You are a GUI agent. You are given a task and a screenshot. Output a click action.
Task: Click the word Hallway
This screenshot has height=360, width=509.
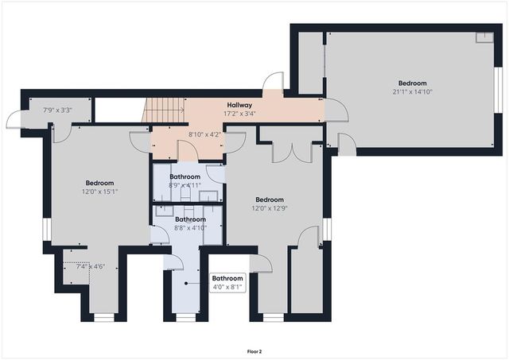click(x=239, y=105)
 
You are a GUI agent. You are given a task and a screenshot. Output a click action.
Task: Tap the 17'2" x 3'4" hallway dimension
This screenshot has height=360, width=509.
click(x=239, y=114)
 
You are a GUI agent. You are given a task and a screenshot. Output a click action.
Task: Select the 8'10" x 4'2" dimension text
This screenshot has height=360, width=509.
click(x=204, y=134)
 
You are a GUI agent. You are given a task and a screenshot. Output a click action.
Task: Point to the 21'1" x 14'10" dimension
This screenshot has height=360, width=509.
click(x=413, y=91)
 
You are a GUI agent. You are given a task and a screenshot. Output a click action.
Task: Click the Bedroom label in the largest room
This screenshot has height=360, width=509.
click(x=413, y=83)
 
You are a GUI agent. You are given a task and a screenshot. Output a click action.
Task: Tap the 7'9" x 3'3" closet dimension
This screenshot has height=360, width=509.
click(x=57, y=110)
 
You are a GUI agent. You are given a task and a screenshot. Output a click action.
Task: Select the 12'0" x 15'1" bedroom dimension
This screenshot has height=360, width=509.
click(x=100, y=192)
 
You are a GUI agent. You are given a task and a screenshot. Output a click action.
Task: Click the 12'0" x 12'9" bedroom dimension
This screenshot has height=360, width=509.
click(x=270, y=209)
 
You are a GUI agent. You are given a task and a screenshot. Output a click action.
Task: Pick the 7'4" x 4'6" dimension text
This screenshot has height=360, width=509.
click(x=90, y=267)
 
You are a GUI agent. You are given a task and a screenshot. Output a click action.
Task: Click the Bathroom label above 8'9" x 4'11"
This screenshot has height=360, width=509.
click(x=185, y=176)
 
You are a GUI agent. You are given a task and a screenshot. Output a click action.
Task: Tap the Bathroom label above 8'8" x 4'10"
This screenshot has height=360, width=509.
click(x=190, y=219)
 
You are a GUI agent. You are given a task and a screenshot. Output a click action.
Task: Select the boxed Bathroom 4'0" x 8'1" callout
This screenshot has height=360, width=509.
click(x=227, y=282)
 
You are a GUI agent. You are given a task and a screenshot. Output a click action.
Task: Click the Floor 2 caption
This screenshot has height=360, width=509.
click(x=254, y=350)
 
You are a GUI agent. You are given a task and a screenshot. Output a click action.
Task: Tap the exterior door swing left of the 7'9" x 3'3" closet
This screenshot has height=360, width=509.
click(x=15, y=121)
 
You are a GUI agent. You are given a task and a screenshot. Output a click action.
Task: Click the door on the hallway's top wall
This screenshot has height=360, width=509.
click(x=273, y=83)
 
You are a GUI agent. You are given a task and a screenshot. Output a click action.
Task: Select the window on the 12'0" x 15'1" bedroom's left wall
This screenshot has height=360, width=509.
click(x=47, y=229)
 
